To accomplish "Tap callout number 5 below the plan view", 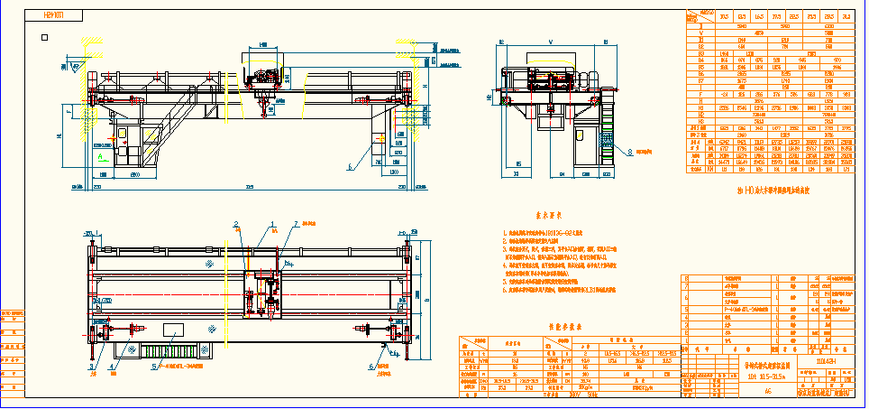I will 153,367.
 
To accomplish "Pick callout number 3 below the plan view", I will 91,367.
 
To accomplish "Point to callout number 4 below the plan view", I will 114,367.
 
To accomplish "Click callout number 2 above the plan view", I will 236,223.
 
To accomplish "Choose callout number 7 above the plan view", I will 294,223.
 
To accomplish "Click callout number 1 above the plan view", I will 271,223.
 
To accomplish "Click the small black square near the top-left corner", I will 46,37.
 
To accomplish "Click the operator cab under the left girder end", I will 123,142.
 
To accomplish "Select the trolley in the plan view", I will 262,293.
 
